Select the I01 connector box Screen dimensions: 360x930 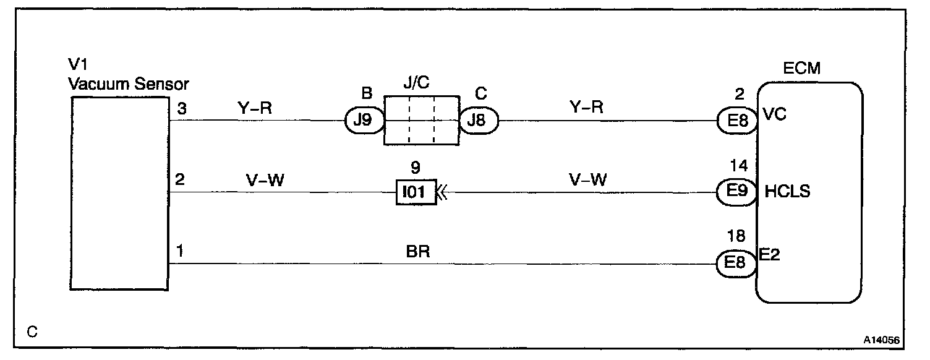416,192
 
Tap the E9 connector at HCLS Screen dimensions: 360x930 736,192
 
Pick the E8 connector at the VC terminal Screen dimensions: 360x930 736,121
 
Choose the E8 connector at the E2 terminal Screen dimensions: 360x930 736,264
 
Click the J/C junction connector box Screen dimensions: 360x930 421,121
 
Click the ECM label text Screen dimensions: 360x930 802,69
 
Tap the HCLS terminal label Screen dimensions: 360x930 787,191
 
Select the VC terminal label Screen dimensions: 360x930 774,115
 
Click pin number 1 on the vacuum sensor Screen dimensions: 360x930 180,252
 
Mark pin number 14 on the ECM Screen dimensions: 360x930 738,166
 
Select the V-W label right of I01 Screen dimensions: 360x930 587,180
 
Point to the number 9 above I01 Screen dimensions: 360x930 416,167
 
